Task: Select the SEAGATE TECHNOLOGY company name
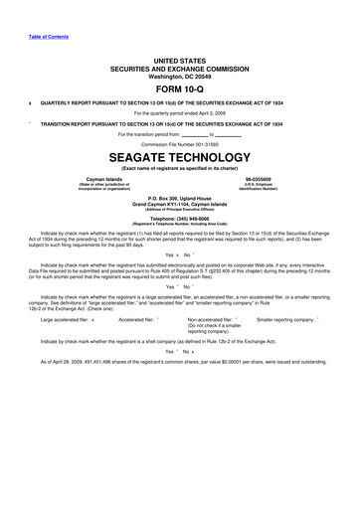pos(180,157)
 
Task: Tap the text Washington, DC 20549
pos(180,75)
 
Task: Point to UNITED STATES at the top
pos(180,60)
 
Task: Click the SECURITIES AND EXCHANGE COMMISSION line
pos(180,67)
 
